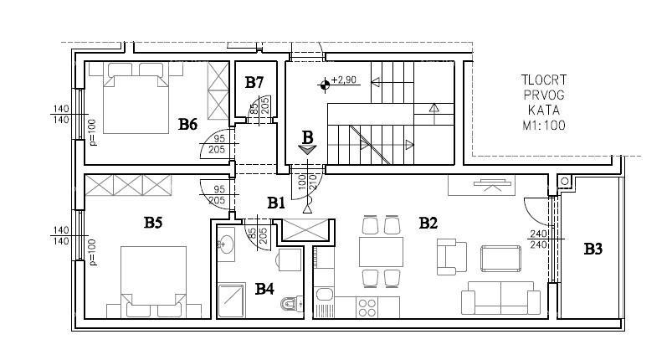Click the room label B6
[x=187, y=125]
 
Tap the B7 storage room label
[x=254, y=82]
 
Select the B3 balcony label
[x=593, y=249]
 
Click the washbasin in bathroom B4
[x=225, y=244]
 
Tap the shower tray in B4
[x=232, y=301]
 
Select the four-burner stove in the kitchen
[x=367, y=307]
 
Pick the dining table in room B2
[x=381, y=251]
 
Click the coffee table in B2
[x=500, y=259]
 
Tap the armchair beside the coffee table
[x=452, y=256]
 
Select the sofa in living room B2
[x=500, y=298]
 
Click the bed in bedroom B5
[x=153, y=281]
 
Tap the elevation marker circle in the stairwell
[x=325, y=85]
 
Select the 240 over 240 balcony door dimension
[x=538, y=239]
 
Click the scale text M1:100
[x=544, y=126]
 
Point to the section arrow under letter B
[x=307, y=150]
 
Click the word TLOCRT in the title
[x=544, y=80]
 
